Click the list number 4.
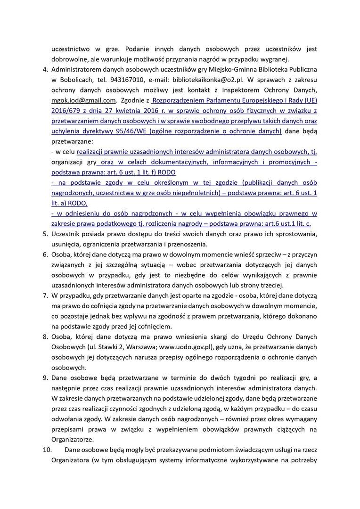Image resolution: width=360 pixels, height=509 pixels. (46, 70)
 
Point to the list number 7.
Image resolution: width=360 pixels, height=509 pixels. (46, 296)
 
